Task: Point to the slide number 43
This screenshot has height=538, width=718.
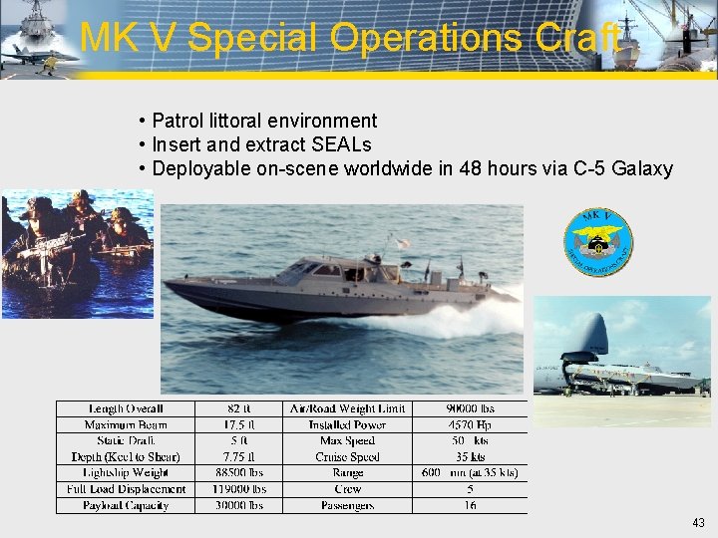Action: (x=697, y=523)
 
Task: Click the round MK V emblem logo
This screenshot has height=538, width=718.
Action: (x=597, y=243)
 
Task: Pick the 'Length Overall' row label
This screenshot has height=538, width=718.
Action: (x=126, y=408)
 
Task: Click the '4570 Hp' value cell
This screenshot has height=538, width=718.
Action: (x=470, y=424)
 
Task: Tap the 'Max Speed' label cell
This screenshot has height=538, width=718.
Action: (x=347, y=440)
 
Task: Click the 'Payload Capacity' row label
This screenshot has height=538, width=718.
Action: (x=126, y=505)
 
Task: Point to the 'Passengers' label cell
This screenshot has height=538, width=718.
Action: (x=347, y=505)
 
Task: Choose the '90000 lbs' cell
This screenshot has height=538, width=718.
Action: (x=470, y=408)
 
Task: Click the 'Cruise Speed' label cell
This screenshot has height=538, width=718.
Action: (x=347, y=456)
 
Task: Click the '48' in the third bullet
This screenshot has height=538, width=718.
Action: (x=470, y=169)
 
